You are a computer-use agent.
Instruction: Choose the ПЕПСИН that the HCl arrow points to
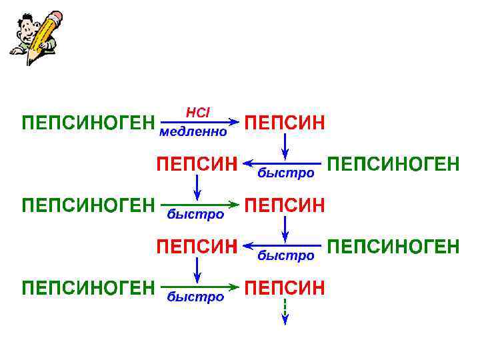point(285,123)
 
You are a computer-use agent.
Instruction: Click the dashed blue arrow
point(285,311)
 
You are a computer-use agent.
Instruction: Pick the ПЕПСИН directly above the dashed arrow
point(285,287)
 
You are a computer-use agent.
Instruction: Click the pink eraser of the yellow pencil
point(56,16)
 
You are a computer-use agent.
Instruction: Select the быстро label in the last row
point(195,297)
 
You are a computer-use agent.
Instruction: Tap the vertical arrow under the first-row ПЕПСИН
point(285,145)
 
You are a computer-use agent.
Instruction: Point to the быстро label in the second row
point(285,173)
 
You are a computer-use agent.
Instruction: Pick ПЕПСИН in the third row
point(285,205)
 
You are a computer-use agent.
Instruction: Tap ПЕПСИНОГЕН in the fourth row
point(394,247)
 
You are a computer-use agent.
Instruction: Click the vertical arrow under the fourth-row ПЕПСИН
point(197,269)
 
